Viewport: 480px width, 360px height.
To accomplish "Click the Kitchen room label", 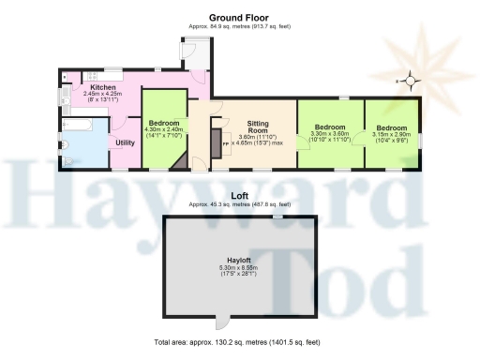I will click(103, 87).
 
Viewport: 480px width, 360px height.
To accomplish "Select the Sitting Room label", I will click(258, 127).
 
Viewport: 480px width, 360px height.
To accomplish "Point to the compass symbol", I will click(409, 82).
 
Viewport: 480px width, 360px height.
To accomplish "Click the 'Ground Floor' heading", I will click(240, 16).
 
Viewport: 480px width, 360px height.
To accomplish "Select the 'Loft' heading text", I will click(239, 197).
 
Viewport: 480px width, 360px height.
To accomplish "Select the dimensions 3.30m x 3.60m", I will click(328, 134).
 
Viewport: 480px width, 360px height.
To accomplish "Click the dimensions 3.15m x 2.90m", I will click(392, 134).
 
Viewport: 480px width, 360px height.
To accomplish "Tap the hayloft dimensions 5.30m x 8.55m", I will click(238, 267).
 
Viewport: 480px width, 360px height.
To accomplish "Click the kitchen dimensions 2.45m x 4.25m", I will click(103, 95).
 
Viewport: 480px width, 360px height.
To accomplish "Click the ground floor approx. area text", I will click(240, 25).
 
